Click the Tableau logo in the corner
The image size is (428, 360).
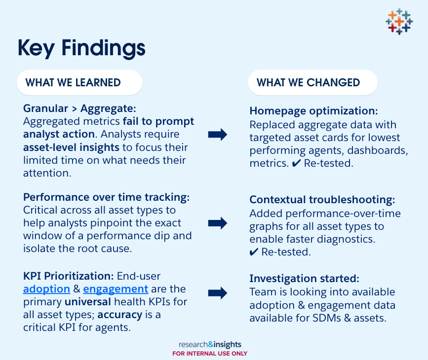pos(399,21)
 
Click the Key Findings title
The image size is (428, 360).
pos(81,48)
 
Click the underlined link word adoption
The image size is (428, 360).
pos(47,289)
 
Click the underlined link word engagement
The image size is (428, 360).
pos(116,289)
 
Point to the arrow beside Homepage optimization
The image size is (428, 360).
pos(218,135)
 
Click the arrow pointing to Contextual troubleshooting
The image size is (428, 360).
pos(218,223)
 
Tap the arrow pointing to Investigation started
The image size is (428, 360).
pos(218,293)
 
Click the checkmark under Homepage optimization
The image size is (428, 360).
pos(296,163)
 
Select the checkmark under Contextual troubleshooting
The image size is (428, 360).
pos(254,252)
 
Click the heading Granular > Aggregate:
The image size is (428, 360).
pos(79,108)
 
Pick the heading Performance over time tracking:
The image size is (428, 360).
pos(107,197)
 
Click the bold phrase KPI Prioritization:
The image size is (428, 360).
pos(69,276)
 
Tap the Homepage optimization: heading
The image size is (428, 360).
pos(313,111)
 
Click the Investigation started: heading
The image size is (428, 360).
pos(305,279)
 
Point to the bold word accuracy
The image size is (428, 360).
pos(120,315)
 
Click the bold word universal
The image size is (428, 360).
pos(88,302)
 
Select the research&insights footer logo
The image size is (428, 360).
pos(210,344)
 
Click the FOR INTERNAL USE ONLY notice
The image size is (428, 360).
pos(210,354)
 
